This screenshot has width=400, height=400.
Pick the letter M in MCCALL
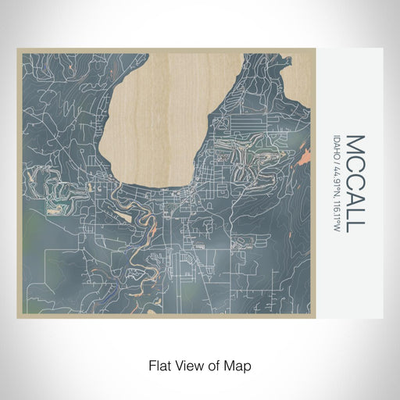point(354,145)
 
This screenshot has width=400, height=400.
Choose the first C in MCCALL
point(354,163)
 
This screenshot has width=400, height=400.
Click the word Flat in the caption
point(158,365)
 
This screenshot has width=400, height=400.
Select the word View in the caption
point(189,365)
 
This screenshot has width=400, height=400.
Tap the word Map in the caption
point(240,365)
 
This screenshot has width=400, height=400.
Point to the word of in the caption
point(215,365)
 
